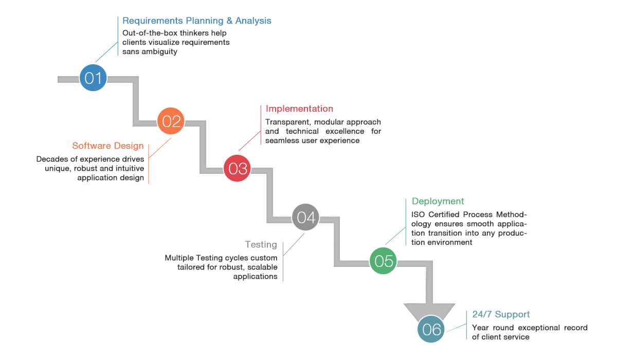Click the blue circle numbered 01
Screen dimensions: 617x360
tap(93, 78)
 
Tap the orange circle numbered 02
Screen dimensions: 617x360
tap(171, 121)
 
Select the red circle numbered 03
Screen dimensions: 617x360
tap(237, 168)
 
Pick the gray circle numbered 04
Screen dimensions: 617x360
tap(305, 217)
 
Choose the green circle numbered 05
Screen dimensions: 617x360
tap(383, 261)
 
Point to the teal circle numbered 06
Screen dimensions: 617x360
tap(431, 329)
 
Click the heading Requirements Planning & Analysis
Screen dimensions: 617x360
tap(196, 21)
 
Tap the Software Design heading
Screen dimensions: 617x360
tap(108, 146)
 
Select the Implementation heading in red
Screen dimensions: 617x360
tap(299, 109)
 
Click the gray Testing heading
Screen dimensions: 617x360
tap(261, 245)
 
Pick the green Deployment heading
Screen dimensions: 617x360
tap(438, 201)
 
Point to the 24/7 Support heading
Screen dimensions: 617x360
tap(501, 314)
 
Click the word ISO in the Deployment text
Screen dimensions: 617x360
tap(418, 214)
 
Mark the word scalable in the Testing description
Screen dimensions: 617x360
tap(262, 267)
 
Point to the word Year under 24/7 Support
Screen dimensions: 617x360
tap(480, 328)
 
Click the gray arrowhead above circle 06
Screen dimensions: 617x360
tap(429, 311)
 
